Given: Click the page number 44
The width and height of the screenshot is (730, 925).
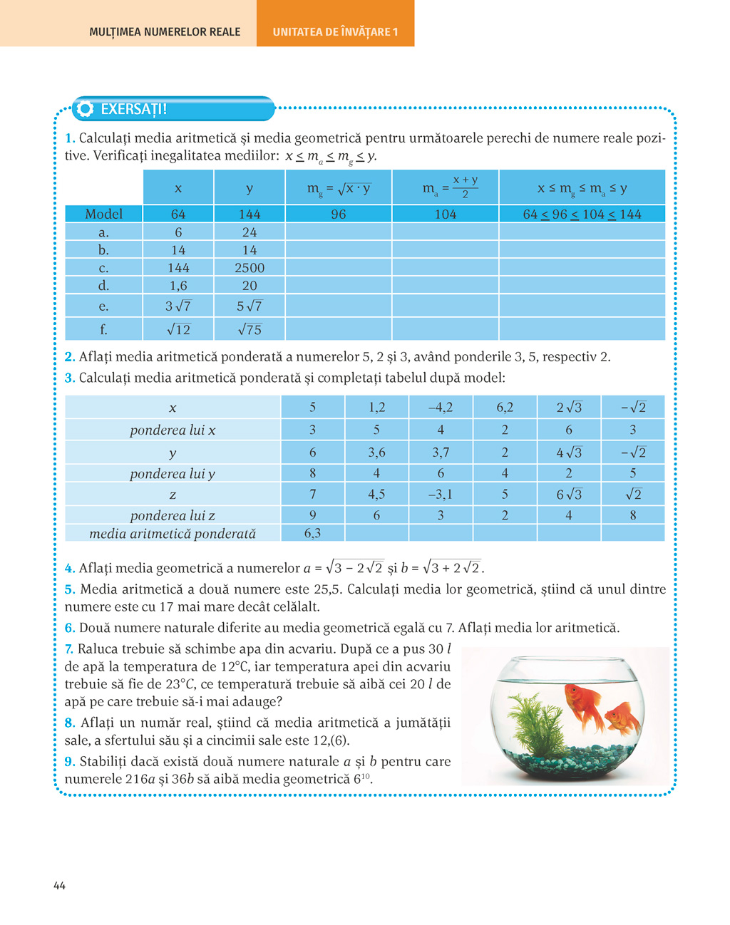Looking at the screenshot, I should coord(59,886).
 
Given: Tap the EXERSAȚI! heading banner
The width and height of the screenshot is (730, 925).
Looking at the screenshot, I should coord(175,109).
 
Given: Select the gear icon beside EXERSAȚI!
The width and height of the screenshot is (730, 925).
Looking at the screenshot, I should coord(85,109).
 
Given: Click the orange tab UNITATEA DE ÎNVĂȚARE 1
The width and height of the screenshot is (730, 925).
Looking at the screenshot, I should coord(335,32).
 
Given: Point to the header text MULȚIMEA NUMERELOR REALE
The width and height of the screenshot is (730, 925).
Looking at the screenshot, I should coord(165,32).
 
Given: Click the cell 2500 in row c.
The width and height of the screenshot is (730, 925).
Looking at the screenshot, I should coord(250,268).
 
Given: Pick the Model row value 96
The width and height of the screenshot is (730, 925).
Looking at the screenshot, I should coord(339,214).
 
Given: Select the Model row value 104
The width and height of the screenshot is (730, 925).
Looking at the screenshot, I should coord(446,214).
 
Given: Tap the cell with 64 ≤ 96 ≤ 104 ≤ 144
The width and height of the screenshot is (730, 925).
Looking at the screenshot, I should coord(582,214).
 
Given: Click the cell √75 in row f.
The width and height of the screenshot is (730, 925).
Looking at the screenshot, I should coord(250,329).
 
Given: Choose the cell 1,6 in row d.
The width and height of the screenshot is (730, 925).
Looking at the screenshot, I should coord(178,286).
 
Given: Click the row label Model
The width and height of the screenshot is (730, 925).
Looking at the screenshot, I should coord(104,214).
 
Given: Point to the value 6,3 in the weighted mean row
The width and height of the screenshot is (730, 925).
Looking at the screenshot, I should coord(312,533).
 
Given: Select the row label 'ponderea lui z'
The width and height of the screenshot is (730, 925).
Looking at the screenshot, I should coord(173,515).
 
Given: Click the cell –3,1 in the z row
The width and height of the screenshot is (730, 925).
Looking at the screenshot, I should coord(441,494).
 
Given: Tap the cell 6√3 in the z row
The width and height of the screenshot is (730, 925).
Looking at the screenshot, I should coord(569,494).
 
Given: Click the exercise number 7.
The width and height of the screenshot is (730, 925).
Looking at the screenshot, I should coord(69,649).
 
